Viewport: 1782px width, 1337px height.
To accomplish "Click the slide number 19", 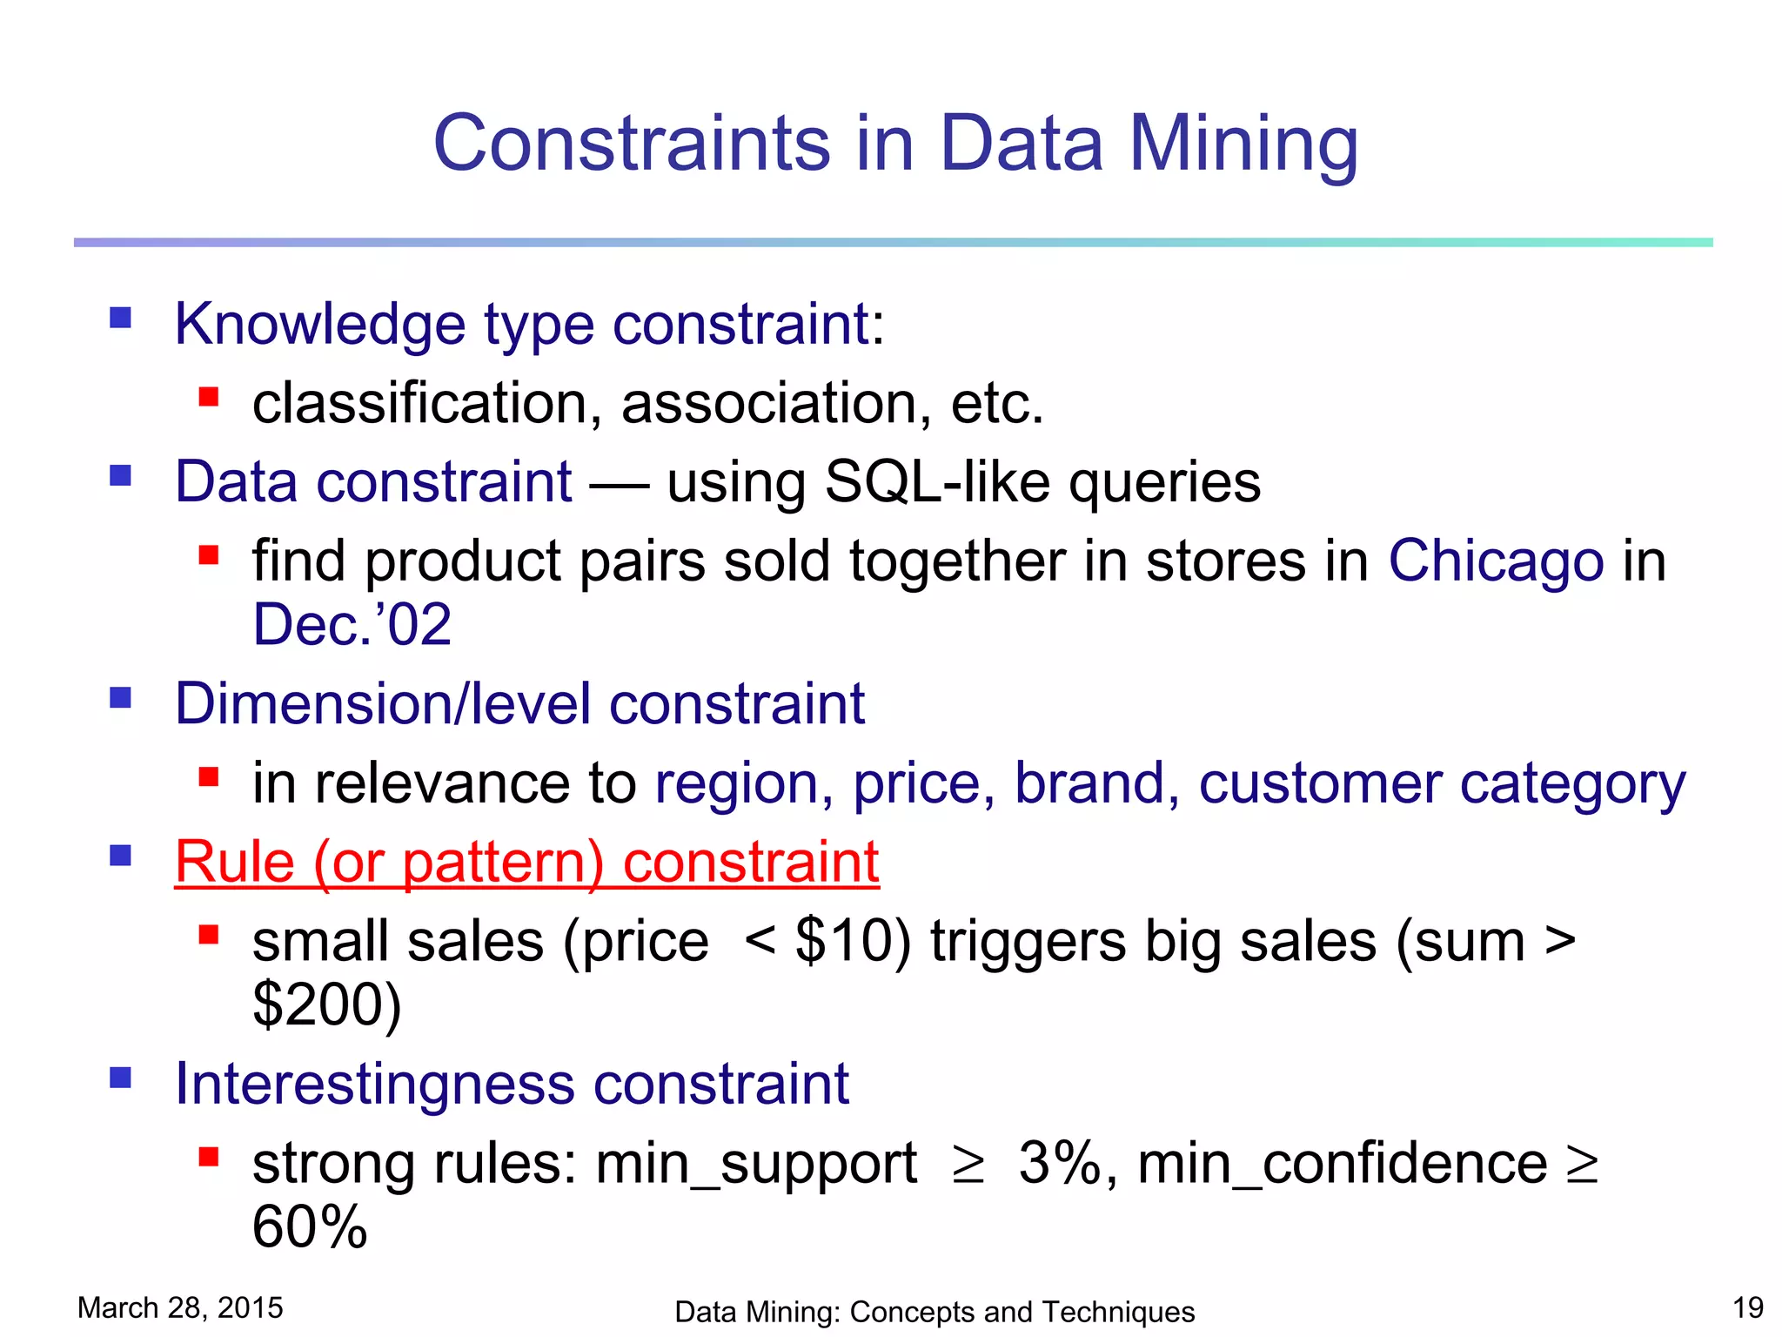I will [x=1747, y=1307].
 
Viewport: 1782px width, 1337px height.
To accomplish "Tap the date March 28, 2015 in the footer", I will [x=180, y=1307].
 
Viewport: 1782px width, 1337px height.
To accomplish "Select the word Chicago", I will [x=1495, y=561].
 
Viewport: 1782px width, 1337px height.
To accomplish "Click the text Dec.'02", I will [x=352, y=625].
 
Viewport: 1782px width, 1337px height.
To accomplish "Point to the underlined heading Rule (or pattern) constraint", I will [x=526, y=863].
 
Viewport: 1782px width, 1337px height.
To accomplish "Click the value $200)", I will [x=327, y=1004].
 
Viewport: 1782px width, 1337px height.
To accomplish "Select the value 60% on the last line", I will [x=310, y=1226].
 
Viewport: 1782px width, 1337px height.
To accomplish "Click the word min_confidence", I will [x=1342, y=1163].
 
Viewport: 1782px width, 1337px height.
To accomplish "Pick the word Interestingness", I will [x=375, y=1085].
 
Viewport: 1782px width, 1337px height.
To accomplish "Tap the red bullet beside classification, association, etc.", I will [x=208, y=397].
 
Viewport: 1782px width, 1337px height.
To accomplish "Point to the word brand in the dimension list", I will [x=1089, y=783].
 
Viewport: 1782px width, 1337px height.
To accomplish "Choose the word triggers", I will [x=1028, y=943].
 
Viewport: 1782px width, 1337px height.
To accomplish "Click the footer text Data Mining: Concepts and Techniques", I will [x=934, y=1312].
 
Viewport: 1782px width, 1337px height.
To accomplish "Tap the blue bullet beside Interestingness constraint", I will [x=120, y=1078].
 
